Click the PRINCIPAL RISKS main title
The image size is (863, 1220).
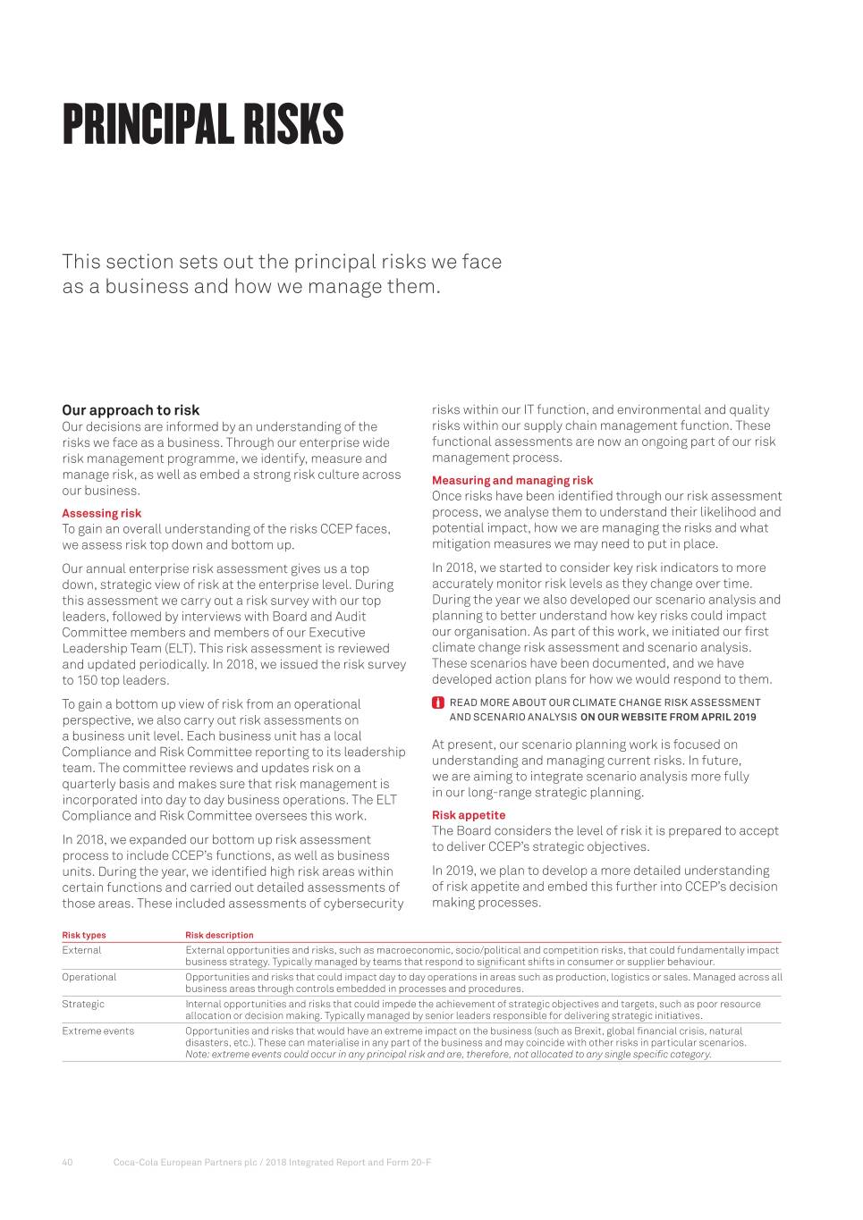pos(203,124)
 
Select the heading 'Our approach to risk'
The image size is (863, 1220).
pos(131,410)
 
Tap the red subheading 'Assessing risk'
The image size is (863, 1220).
pos(101,513)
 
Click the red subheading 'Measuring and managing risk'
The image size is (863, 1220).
pos(512,480)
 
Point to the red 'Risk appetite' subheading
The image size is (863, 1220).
pos(468,815)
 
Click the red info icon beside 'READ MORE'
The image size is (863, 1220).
pos(438,703)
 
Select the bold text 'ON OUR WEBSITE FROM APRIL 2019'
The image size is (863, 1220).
pos(668,717)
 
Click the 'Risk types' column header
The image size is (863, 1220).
pos(83,935)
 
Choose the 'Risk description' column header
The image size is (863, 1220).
pos(219,935)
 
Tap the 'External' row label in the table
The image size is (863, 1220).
pos(81,950)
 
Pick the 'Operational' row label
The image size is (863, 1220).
pos(89,977)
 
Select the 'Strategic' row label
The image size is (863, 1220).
pos(83,1004)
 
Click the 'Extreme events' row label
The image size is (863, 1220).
pos(97,1031)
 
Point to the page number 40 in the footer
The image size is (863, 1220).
pos(67,1162)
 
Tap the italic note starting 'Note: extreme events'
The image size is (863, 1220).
pos(447,1054)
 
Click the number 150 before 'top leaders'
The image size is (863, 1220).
pos(89,680)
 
